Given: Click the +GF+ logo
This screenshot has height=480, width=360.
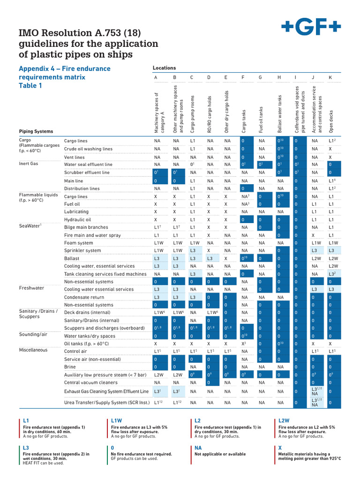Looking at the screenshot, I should (311, 28).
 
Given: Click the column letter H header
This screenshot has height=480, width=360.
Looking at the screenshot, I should (279, 78).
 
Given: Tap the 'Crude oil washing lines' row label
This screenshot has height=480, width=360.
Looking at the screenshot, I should (88, 149).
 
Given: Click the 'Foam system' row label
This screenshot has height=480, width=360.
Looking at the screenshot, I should (79, 243).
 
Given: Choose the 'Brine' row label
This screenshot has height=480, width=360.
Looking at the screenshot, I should (70, 367).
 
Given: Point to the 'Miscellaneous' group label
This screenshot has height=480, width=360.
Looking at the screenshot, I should (33, 350).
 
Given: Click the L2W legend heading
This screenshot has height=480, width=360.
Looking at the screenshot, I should (285, 421).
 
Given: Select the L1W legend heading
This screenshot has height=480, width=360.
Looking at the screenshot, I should (117, 421).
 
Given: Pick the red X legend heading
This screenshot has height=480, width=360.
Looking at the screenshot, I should (280, 448).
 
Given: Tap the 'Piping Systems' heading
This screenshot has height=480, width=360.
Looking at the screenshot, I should (36, 132).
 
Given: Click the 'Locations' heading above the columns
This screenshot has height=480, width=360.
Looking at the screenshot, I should (164, 68).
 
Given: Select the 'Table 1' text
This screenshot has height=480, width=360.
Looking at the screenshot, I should (30, 86).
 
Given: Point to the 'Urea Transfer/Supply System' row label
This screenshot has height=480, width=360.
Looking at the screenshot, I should (107, 403).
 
